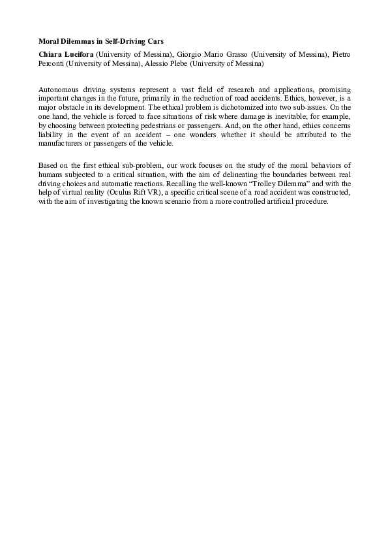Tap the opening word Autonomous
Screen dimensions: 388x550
pyautogui.click(x=61, y=88)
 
